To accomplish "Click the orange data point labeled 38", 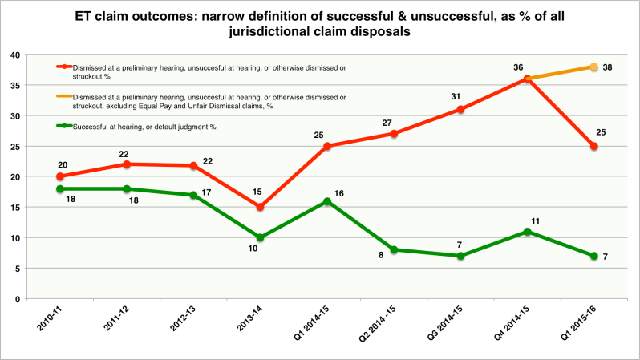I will point(593,67).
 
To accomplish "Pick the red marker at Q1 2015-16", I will point(593,146).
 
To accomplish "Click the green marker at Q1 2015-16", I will point(593,256).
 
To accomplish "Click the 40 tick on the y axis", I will point(15,55).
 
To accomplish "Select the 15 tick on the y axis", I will point(15,207).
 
